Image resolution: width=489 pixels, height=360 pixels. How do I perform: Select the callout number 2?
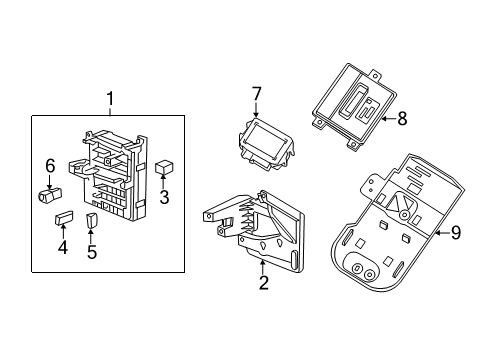coord(262,283)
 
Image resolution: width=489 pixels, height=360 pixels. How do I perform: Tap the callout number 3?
coord(165,197)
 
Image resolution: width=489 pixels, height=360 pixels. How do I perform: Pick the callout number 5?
coord(92,251)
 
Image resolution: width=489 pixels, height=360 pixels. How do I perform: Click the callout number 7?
coord(256,94)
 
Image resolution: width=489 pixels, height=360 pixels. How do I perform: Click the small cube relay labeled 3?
coord(165,167)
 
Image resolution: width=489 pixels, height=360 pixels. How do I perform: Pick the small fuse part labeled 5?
coord(93,219)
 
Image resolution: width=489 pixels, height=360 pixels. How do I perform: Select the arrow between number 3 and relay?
coord(165,183)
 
